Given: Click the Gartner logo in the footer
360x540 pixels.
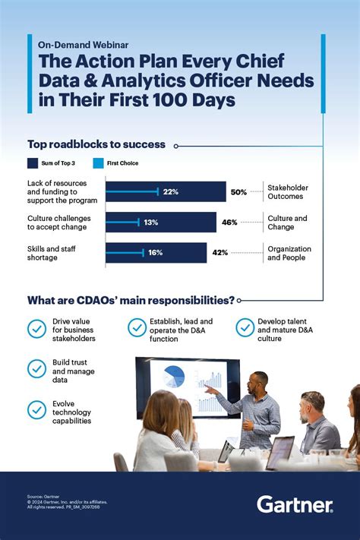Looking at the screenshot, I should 295,504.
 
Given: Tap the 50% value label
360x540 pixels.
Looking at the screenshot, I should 238,192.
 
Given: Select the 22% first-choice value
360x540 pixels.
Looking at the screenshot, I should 170,192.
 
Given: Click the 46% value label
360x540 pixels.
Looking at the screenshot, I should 229,223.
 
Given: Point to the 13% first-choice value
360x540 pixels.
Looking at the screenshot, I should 151,223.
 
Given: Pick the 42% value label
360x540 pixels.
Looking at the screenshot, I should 220,253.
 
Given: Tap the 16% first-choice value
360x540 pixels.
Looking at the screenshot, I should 156,253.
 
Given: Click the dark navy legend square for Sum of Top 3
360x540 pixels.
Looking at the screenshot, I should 33,163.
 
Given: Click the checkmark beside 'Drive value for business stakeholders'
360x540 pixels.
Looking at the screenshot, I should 36,328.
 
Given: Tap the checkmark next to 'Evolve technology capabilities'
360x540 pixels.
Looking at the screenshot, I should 36,410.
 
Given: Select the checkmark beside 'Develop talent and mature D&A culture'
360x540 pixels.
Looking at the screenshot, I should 245,328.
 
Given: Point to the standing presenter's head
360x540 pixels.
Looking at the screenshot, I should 258,381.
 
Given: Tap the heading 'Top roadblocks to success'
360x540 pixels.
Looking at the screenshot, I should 98,144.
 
